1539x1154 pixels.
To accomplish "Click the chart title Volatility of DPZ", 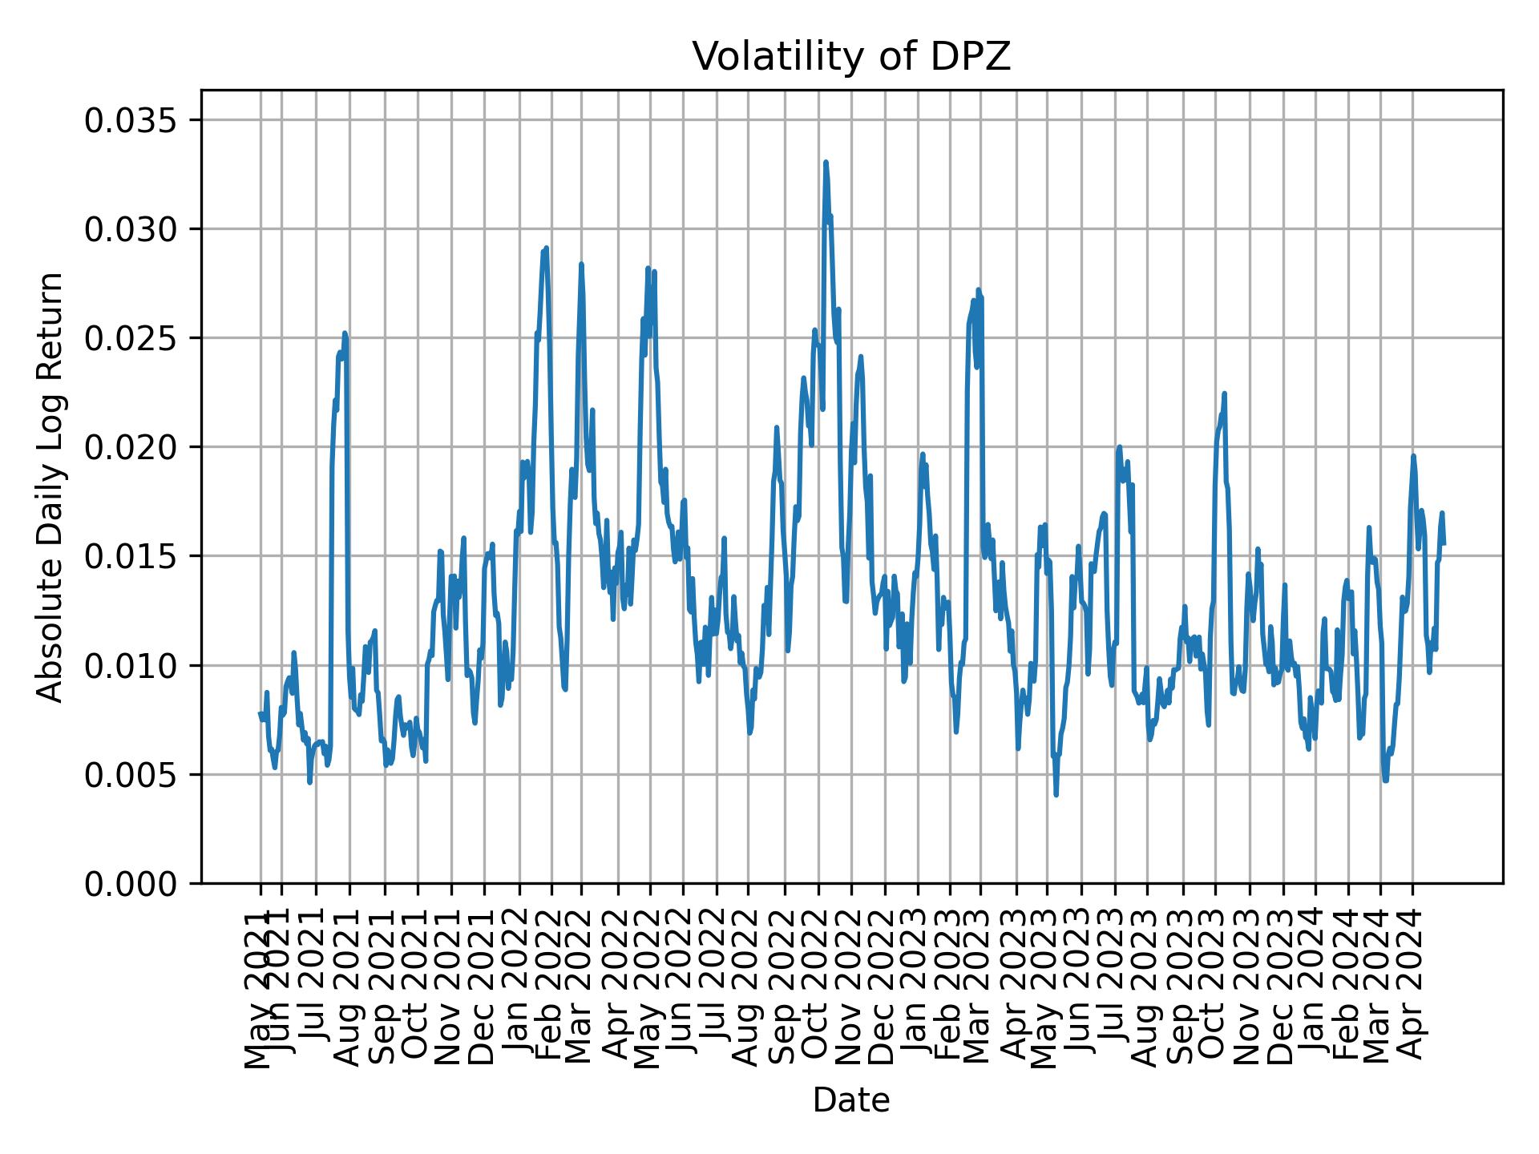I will [851, 57].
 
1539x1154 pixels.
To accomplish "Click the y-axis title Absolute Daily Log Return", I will [51, 486].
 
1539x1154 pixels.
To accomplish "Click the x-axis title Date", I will [851, 1100].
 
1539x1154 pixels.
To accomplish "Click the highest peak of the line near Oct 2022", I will [826, 162].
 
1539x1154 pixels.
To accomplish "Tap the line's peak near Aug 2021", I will [345, 333].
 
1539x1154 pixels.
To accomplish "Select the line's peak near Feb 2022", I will [546, 248].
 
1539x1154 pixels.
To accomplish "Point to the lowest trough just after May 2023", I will [1056, 794].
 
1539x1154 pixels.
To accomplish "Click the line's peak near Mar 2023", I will [978, 289].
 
